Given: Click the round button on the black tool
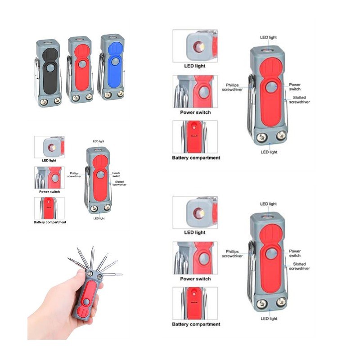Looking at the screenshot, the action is tap(50, 68).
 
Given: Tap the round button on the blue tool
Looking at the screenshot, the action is tap(115, 61).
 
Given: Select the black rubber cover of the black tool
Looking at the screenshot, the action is tap(50, 71).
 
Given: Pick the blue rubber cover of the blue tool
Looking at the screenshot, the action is tap(115, 65).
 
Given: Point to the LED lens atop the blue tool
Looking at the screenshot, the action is tap(112, 37).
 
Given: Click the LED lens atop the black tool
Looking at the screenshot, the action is tap(48, 42).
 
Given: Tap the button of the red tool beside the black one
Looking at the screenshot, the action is tap(82, 64).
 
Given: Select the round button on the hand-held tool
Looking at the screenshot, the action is tap(86, 301).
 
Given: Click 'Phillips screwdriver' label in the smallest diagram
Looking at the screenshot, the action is tap(74, 175).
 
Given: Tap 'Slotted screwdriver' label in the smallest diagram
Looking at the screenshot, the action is tap(119, 183).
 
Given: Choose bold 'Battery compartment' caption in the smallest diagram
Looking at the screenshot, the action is tap(50, 222).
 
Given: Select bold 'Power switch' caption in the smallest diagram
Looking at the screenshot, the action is tap(49, 192).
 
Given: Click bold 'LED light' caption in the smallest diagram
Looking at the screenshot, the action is tap(49, 161).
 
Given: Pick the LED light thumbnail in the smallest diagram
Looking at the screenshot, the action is tap(49, 147).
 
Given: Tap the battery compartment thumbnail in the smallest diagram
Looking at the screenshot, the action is tap(49, 208).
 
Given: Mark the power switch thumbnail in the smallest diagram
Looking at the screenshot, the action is tap(49, 178).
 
